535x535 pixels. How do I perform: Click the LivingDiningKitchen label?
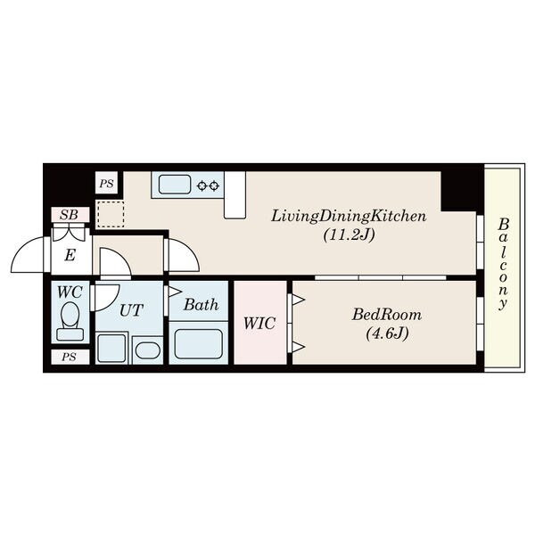(x=349, y=217)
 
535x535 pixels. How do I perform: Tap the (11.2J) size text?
(x=349, y=235)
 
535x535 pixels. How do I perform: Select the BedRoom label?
(x=387, y=315)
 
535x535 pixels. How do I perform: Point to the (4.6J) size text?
(x=387, y=333)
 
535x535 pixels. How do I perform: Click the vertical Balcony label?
(x=503, y=264)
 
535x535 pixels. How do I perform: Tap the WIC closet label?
(x=259, y=323)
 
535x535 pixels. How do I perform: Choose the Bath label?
(x=201, y=305)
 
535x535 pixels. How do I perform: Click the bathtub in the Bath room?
(x=198, y=343)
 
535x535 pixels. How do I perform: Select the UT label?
(x=131, y=310)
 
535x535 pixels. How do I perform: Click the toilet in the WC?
(x=70, y=321)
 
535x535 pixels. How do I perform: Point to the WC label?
(x=70, y=292)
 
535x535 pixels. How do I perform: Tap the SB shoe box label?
(x=69, y=215)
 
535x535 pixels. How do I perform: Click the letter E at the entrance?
(x=70, y=255)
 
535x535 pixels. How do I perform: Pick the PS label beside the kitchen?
(x=106, y=184)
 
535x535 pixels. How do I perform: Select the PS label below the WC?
(x=69, y=357)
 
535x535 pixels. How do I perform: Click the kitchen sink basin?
(x=175, y=185)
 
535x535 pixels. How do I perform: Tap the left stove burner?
(x=202, y=186)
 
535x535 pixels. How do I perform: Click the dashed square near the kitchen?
(x=111, y=214)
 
